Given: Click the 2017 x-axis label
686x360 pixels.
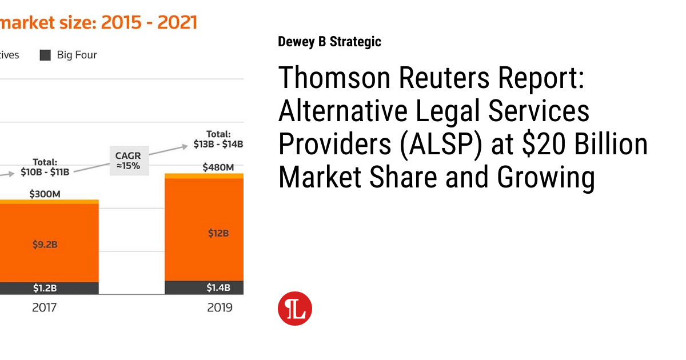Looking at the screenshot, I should (x=44, y=307).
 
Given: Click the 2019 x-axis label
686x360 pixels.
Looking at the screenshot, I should (x=220, y=307).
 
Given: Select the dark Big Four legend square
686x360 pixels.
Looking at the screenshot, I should (x=45, y=55).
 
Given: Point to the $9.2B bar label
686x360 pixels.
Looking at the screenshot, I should (x=45, y=244).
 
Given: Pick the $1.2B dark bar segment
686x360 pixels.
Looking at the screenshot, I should (x=45, y=288).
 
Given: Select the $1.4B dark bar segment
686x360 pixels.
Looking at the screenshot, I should (x=218, y=287).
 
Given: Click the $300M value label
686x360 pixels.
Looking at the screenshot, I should (x=45, y=194).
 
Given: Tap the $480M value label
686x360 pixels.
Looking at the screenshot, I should (x=218, y=167).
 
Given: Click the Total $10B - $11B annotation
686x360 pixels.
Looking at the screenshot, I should (x=45, y=167).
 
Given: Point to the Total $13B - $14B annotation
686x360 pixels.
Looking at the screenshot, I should (x=218, y=139).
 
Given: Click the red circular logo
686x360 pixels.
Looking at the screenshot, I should (x=295, y=309).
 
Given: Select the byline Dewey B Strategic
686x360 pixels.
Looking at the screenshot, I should (x=329, y=42).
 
